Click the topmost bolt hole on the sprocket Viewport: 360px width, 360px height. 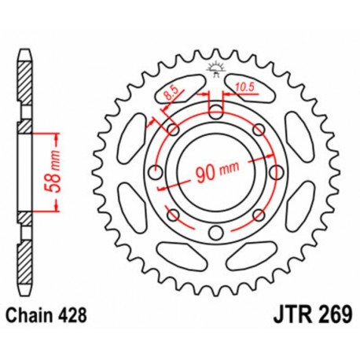[x=214, y=109]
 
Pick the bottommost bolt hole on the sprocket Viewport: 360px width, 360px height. [x=214, y=230]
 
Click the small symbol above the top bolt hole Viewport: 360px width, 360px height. [x=214, y=69]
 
